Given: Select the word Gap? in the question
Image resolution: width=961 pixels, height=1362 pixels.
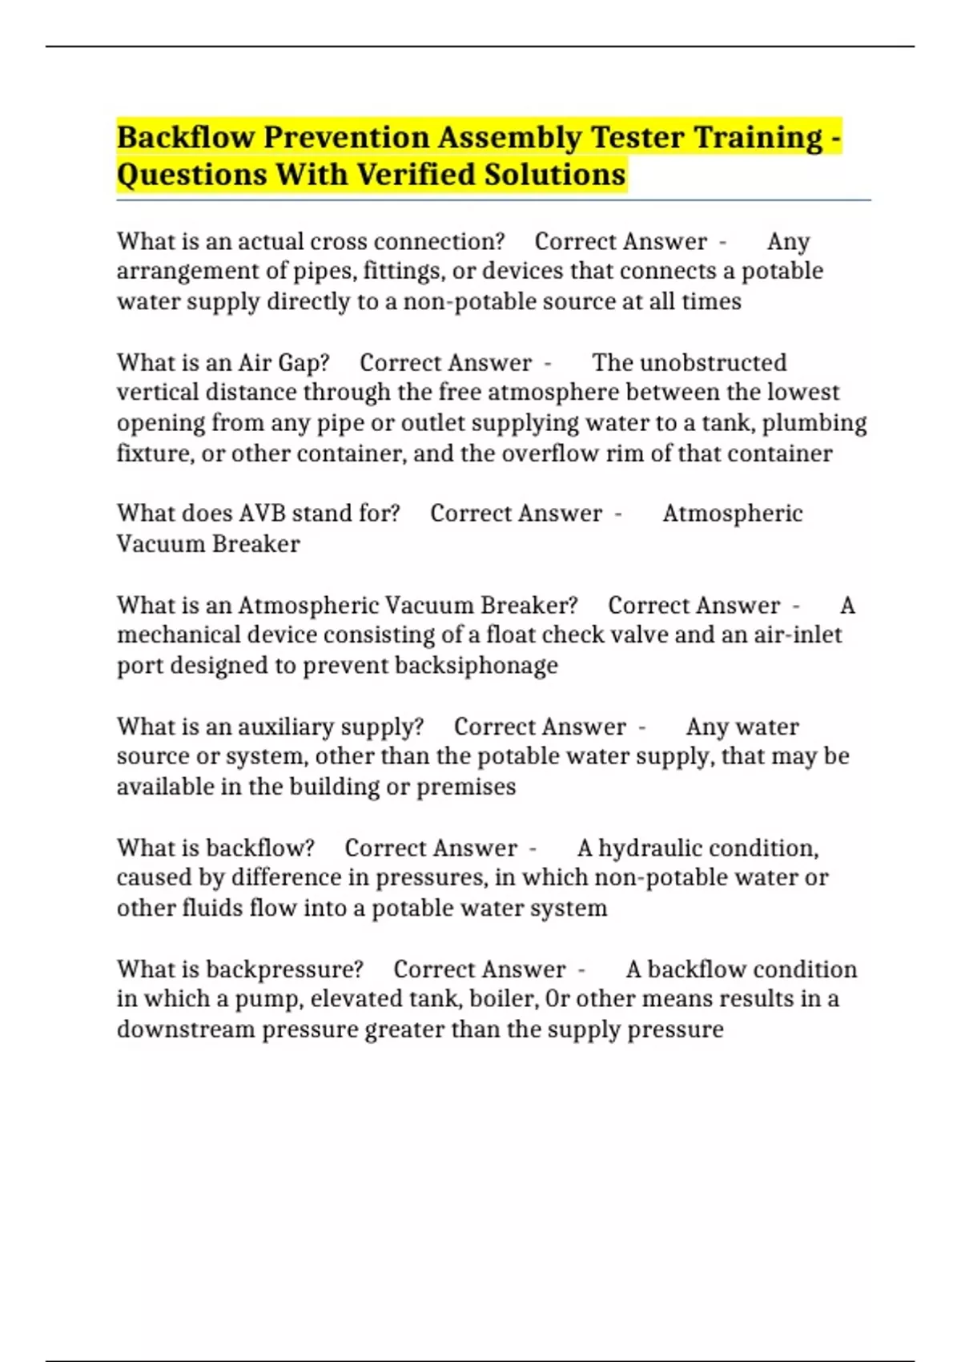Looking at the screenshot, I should click(304, 363).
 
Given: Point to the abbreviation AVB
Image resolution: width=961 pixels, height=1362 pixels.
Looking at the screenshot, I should click(263, 514).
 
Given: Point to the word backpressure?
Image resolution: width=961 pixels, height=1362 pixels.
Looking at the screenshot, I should click(284, 969).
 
